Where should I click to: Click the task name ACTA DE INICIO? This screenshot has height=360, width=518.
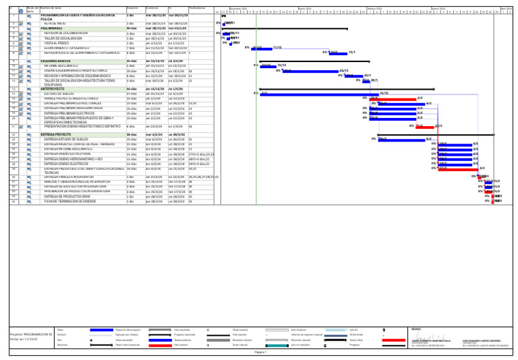point(55,22)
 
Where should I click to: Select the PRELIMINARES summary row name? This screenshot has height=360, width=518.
point(53,28)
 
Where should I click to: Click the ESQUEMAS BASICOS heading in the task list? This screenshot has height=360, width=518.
point(57,60)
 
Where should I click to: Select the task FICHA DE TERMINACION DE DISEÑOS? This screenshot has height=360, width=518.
point(71,201)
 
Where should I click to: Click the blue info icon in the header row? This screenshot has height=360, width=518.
point(20,10)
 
